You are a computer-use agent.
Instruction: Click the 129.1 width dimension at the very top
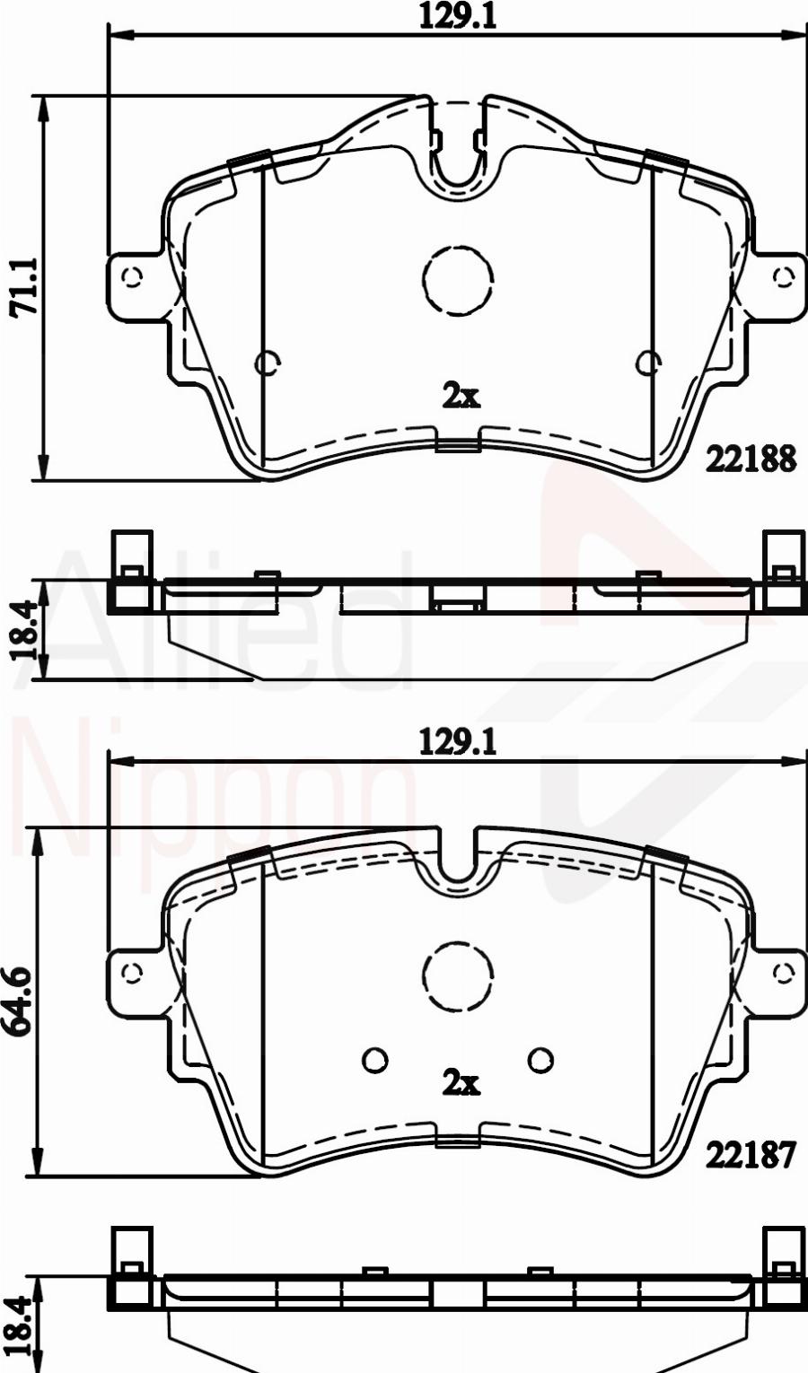[458, 16]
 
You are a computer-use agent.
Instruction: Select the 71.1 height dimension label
[22, 286]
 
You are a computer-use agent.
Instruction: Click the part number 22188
[751, 459]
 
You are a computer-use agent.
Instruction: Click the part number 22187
[751, 1155]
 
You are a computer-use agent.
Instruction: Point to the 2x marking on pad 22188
[461, 395]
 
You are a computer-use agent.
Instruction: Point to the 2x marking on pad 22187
[461, 1083]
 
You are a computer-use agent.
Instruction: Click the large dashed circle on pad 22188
[458, 281]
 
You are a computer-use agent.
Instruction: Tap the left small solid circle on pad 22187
[374, 1060]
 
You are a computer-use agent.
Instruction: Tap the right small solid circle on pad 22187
[540, 1060]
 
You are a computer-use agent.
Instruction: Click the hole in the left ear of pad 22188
[133, 277]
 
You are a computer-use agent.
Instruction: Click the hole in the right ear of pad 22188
[784, 277]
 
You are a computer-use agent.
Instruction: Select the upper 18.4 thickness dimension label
[22, 631]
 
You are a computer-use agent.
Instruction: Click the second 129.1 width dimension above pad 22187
[458, 742]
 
